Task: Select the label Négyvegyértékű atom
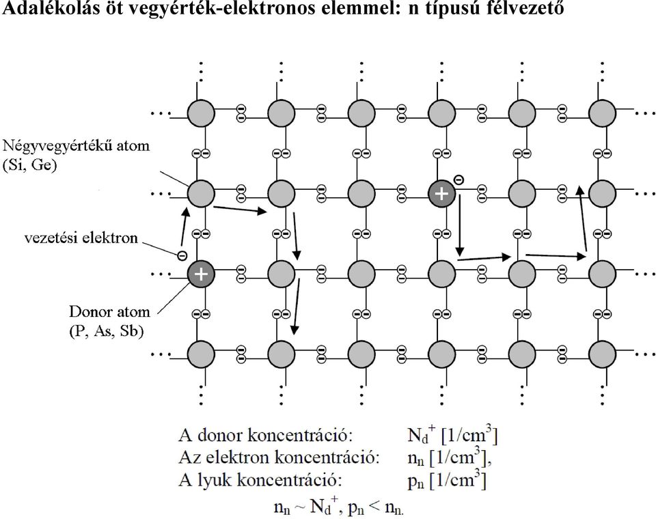pos(76,146)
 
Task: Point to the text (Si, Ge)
pos(29,165)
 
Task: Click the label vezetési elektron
pos(81,238)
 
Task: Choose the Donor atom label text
pos(109,311)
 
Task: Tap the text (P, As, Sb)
pos(106,331)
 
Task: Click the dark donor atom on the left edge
pos(201,274)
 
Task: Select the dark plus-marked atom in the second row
pos(441,194)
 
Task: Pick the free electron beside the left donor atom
pos(182,255)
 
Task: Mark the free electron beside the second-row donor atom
pos(459,180)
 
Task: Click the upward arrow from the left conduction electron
pos(184,226)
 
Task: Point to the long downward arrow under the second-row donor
pos(459,225)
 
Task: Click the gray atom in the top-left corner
pos(201,113)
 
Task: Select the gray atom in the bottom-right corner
pos(603,354)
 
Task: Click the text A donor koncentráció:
pos(266,436)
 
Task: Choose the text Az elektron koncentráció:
pos(279,458)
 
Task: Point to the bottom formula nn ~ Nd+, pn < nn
pos(339,507)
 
